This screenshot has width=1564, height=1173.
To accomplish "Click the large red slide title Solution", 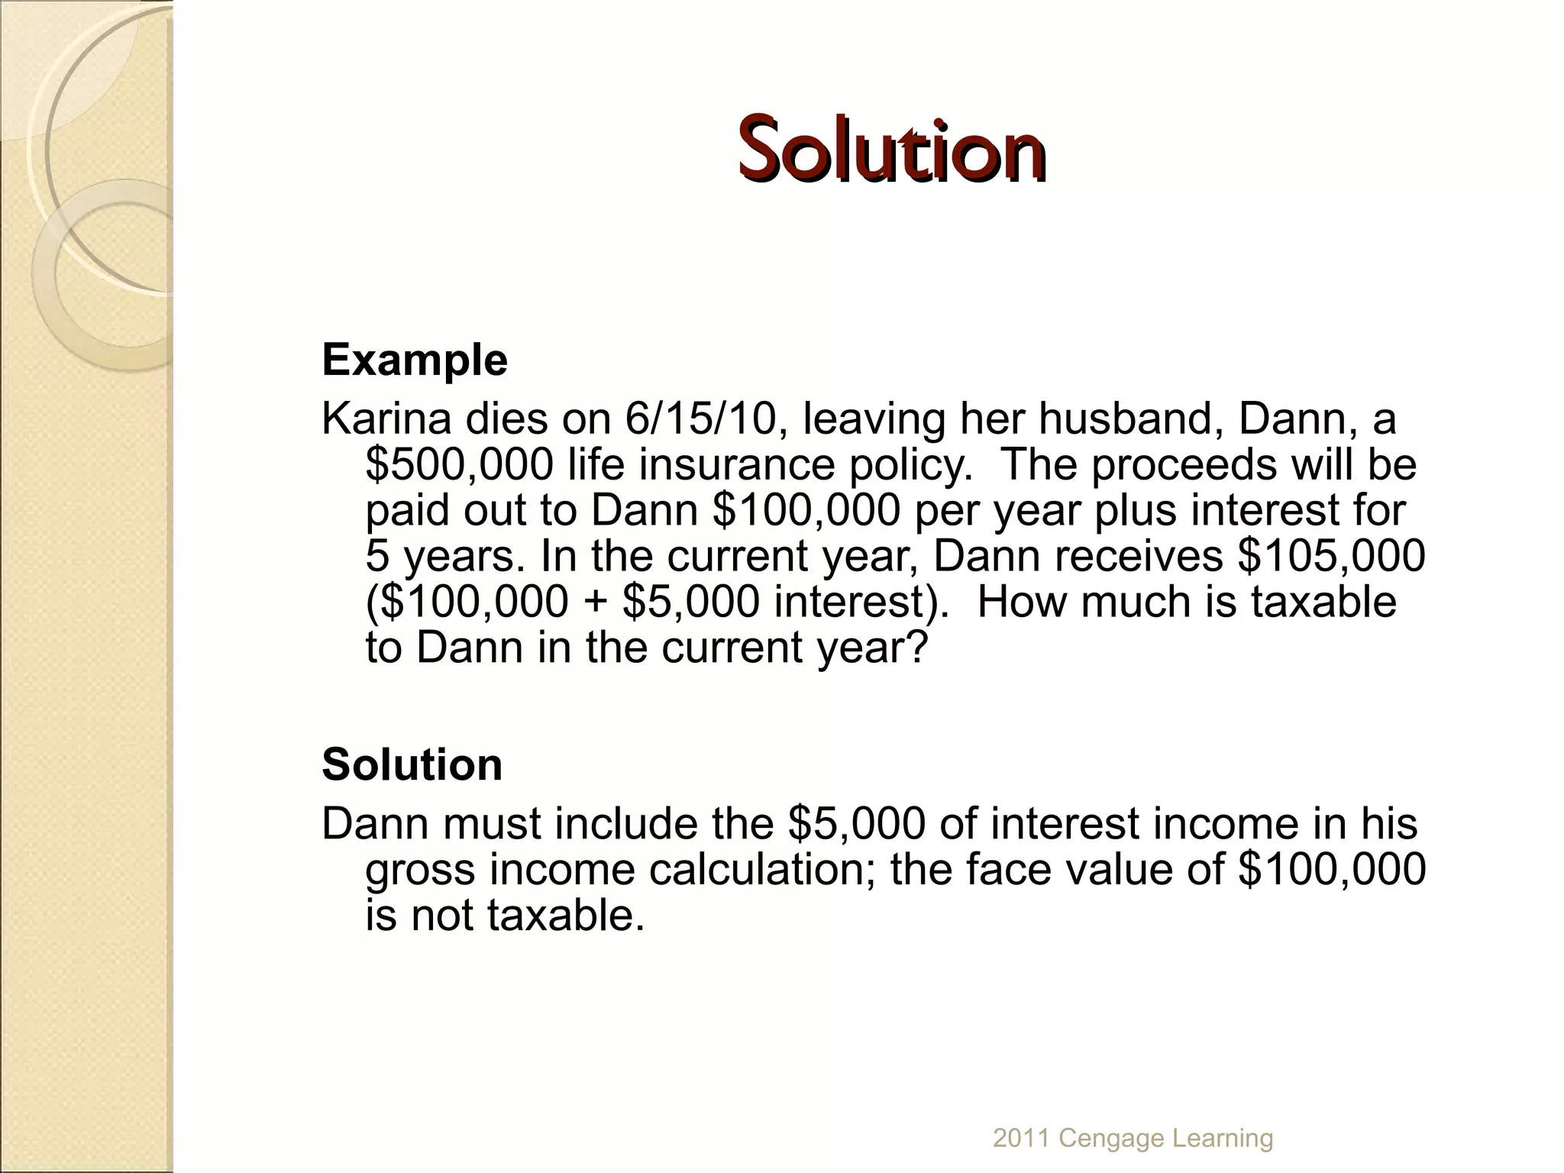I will click(x=891, y=150).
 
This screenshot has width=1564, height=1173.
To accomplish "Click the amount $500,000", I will click(x=459, y=464).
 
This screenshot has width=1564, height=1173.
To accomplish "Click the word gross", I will click(x=420, y=869).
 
